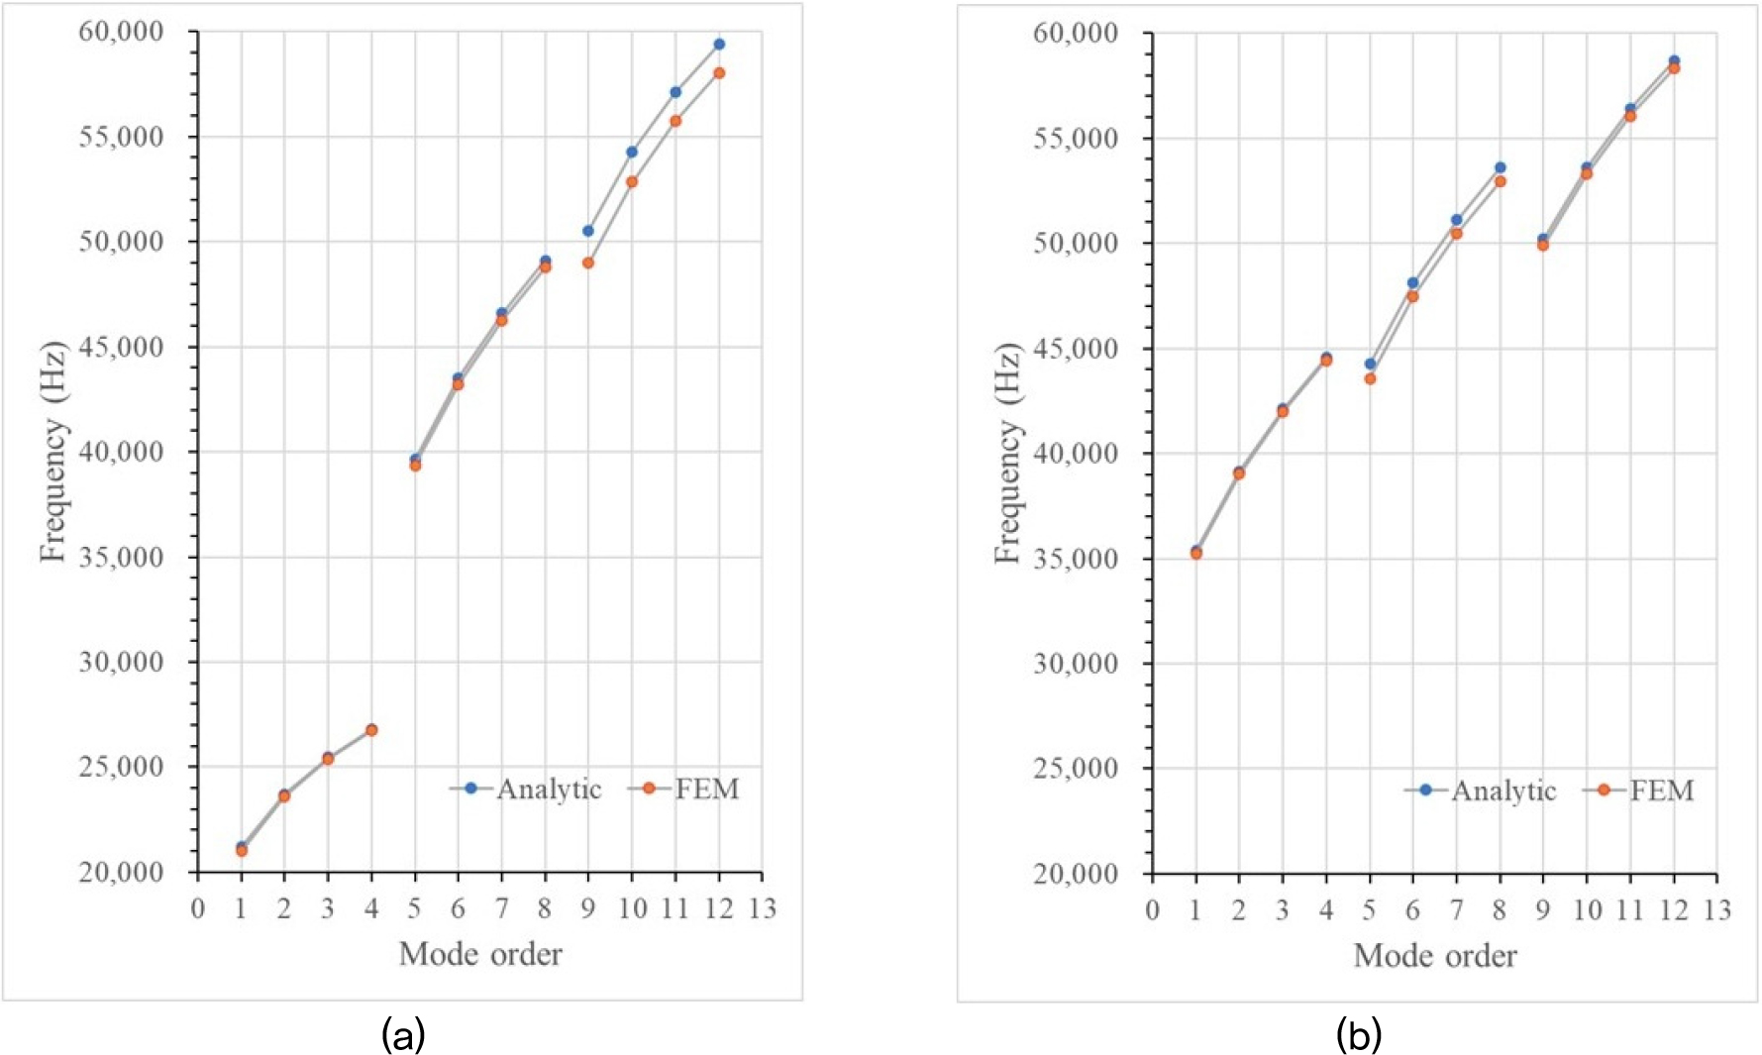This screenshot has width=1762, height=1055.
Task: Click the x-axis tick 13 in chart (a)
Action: (762, 908)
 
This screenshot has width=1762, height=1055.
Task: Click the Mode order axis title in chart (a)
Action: (480, 954)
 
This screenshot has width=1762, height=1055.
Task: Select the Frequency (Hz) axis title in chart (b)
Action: (1007, 453)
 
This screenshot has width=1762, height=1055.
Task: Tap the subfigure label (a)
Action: (403, 1035)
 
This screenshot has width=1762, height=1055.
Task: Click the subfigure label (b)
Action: (1358, 1035)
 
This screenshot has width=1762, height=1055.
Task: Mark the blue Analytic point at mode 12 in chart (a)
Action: (719, 44)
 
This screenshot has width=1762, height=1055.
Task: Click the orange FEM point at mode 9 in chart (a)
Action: (588, 263)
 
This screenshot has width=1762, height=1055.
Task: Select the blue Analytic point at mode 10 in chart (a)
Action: (632, 152)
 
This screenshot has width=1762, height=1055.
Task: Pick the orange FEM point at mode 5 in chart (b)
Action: (1370, 378)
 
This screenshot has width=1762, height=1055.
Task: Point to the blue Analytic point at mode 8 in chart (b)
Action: (1500, 167)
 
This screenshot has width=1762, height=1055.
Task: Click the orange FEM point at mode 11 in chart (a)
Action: (675, 121)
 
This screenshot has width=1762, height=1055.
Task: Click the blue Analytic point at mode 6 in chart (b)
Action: (1413, 282)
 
